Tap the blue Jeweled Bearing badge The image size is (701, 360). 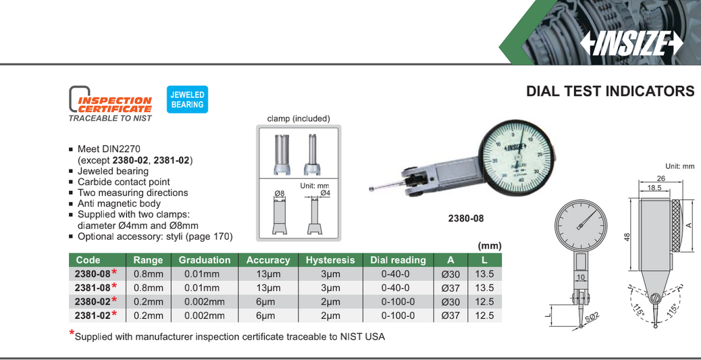pyautogui.click(x=187, y=99)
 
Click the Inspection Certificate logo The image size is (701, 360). pyautogui.click(x=111, y=103)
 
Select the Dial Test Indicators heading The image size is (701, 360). pyautogui.click(x=610, y=91)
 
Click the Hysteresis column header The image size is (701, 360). pyautogui.click(x=330, y=260)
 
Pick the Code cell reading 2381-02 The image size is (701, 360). pyautogui.click(x=93, y=315)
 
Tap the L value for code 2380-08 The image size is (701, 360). pyautogui.click(x=485, y=274)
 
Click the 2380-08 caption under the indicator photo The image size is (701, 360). pyautogui.click(x=466, y=218)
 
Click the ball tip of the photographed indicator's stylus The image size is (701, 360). pyautogui.click(x=371, y=187)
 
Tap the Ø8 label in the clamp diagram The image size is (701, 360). pyautogui.click(x=280, y=194)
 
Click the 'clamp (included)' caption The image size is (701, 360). pyautogui.click(x=298, y=118)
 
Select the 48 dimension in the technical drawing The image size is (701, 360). pyautogui.click(x=627, y=237)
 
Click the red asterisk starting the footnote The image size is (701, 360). pyautogui.click(x=72, y=333)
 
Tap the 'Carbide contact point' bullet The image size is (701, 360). pyautogui.click(x=124, y=182)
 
